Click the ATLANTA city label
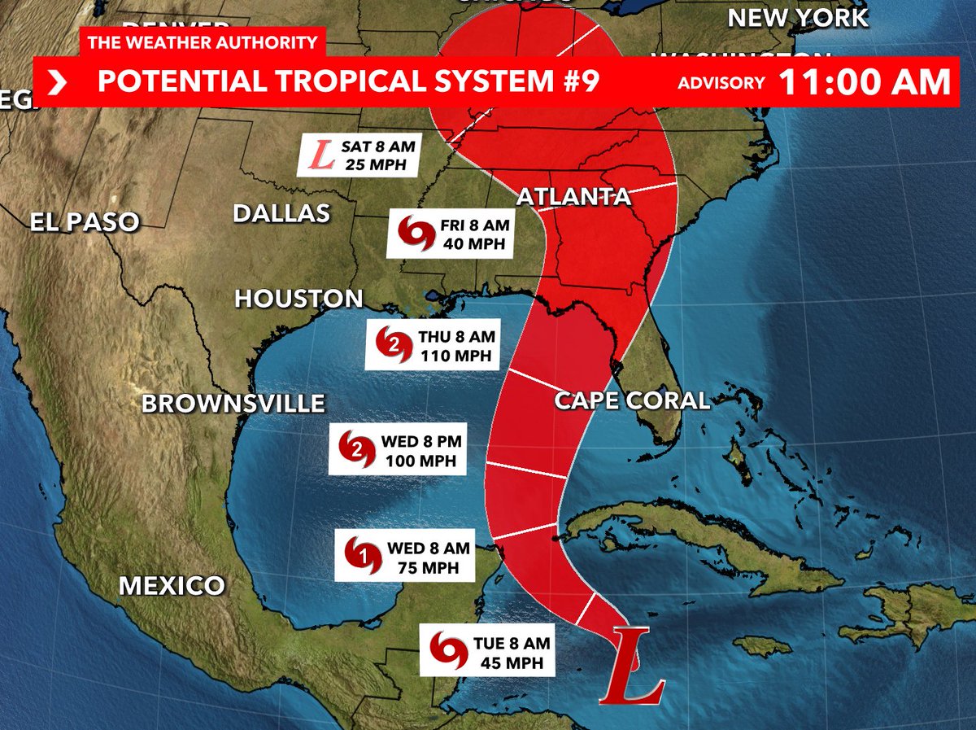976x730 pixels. pos(573,197)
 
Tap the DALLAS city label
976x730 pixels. pos(281,213)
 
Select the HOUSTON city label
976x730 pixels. pos(298,299)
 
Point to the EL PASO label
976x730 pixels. pos(85,221)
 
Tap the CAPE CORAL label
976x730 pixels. pos(632,400)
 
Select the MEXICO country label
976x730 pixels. pos(172,585)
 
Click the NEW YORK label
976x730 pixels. pos(797,18)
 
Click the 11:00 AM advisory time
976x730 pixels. pos(864,82)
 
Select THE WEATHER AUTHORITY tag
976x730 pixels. pos(203,43)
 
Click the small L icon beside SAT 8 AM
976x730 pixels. pos(323,156)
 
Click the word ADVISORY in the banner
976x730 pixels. pos(721,83)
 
